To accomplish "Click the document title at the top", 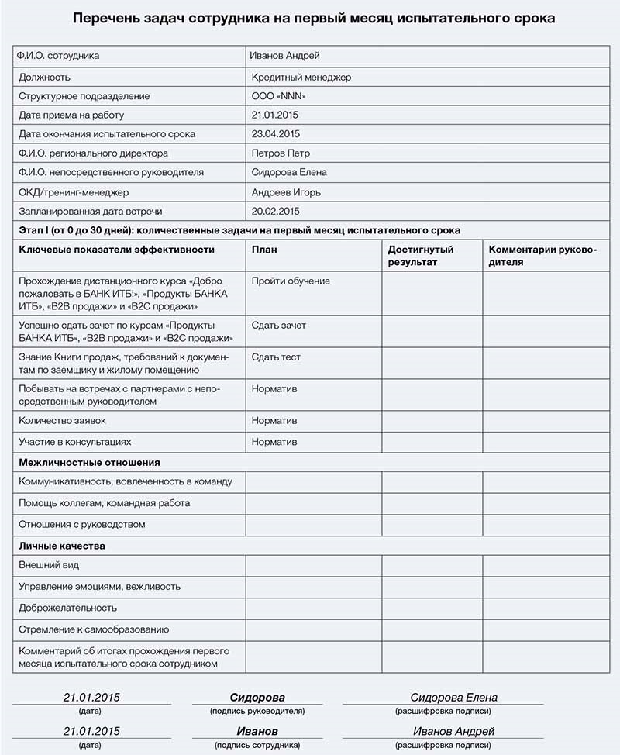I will pyautogui.click(x=314, y=18).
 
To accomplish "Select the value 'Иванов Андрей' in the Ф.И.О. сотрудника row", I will pyautogui.click(x=284, y=56).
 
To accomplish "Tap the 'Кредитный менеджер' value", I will pyautogui.click(x=301, y=77).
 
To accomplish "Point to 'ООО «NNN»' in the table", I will pyautogui.click(x=279, y=96).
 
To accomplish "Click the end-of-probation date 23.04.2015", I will pyautogui.click(x=275, y=134).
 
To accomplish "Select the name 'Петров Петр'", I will pyautogui.click(x=281, y=153).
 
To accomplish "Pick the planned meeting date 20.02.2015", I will pyautogui.click(x=275, y=211).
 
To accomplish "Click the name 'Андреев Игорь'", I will pyautogui.click(x=286, y=192).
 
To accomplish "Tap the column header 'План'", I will pyautogui.click(x=264, y=250).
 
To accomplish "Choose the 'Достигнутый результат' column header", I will pyautogui.click(x=421, y=256).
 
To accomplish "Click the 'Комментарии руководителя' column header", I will pyautogui.click(x=542, y=256).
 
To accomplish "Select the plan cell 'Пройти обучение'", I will pyautogui.click(x=291, y=281).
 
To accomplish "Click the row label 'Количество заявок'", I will pyautogui.click(x=62, y=420).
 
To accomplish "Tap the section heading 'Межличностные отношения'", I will pyautogui.click(x=89, y=462).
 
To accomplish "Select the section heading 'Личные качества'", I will pyautogui.click(x=61, y=546).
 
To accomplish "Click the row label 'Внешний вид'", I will pyautogui.click(x=49, y=565).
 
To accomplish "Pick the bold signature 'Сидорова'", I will pyautogui.click(x=257, y=698).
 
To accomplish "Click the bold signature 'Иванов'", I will pyautogui.click(x=257, y=731).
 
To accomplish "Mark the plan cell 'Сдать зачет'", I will pyautogui.click(x=278, y=326).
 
